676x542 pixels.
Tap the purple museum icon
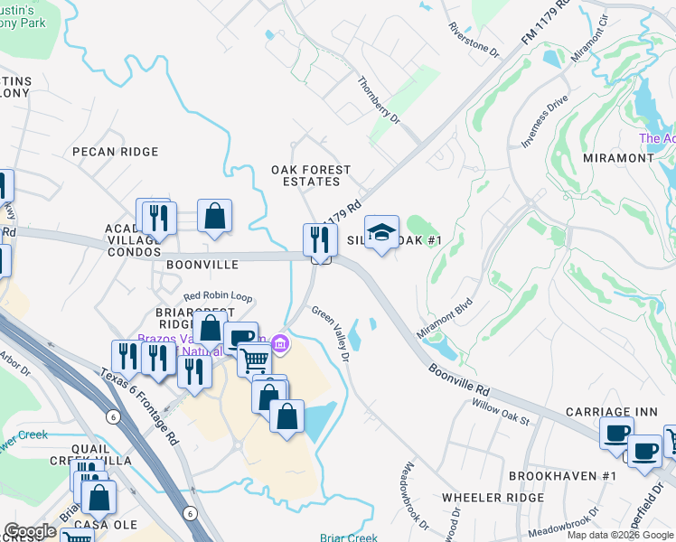point(279,344)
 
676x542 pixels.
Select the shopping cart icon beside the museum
point(254,360)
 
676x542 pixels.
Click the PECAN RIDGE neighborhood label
point(116,152)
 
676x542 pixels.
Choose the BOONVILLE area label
point(202,265)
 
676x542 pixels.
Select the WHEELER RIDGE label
point(493,497)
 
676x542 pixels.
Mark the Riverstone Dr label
point(474,38)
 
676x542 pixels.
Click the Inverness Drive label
point(545,121)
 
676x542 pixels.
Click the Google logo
point(30,532)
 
